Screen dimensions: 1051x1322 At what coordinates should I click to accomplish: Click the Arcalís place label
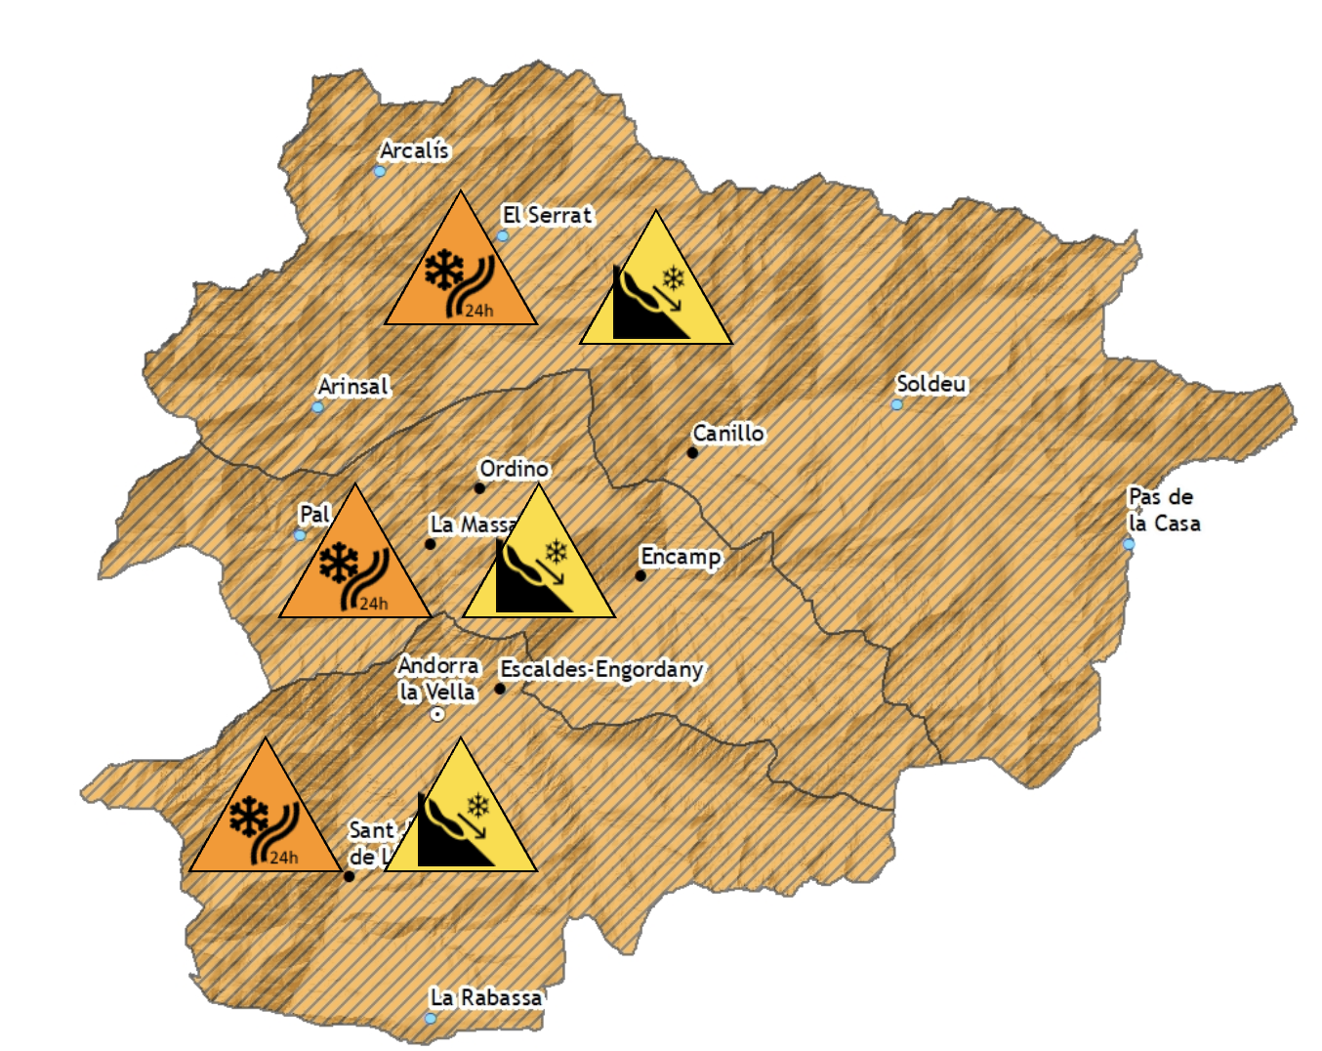point(415,150)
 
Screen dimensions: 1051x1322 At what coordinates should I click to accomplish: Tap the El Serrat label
point(547,215)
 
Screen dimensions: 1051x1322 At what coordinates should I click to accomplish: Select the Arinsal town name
point(353,386)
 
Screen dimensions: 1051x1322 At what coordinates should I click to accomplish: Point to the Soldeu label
point(931,384)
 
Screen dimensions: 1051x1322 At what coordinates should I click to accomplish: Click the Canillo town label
point(728,433)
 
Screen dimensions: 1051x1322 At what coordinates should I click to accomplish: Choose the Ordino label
point(514,469)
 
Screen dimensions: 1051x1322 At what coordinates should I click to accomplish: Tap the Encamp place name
point(682,557)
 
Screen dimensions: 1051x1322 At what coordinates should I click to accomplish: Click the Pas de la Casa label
point(1164,510)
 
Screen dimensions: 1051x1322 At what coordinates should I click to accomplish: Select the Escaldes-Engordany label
point(601,670)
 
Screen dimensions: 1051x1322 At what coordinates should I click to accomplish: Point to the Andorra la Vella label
point(438,679)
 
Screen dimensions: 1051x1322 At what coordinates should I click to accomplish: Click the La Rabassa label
point(486,997)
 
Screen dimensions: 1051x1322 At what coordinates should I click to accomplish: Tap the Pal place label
point(314,514)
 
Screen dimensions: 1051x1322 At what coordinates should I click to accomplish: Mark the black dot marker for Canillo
point(692,452)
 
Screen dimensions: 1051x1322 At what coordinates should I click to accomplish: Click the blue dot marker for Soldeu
point(896,404)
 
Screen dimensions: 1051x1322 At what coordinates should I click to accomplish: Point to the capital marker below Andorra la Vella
point(437,714)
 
